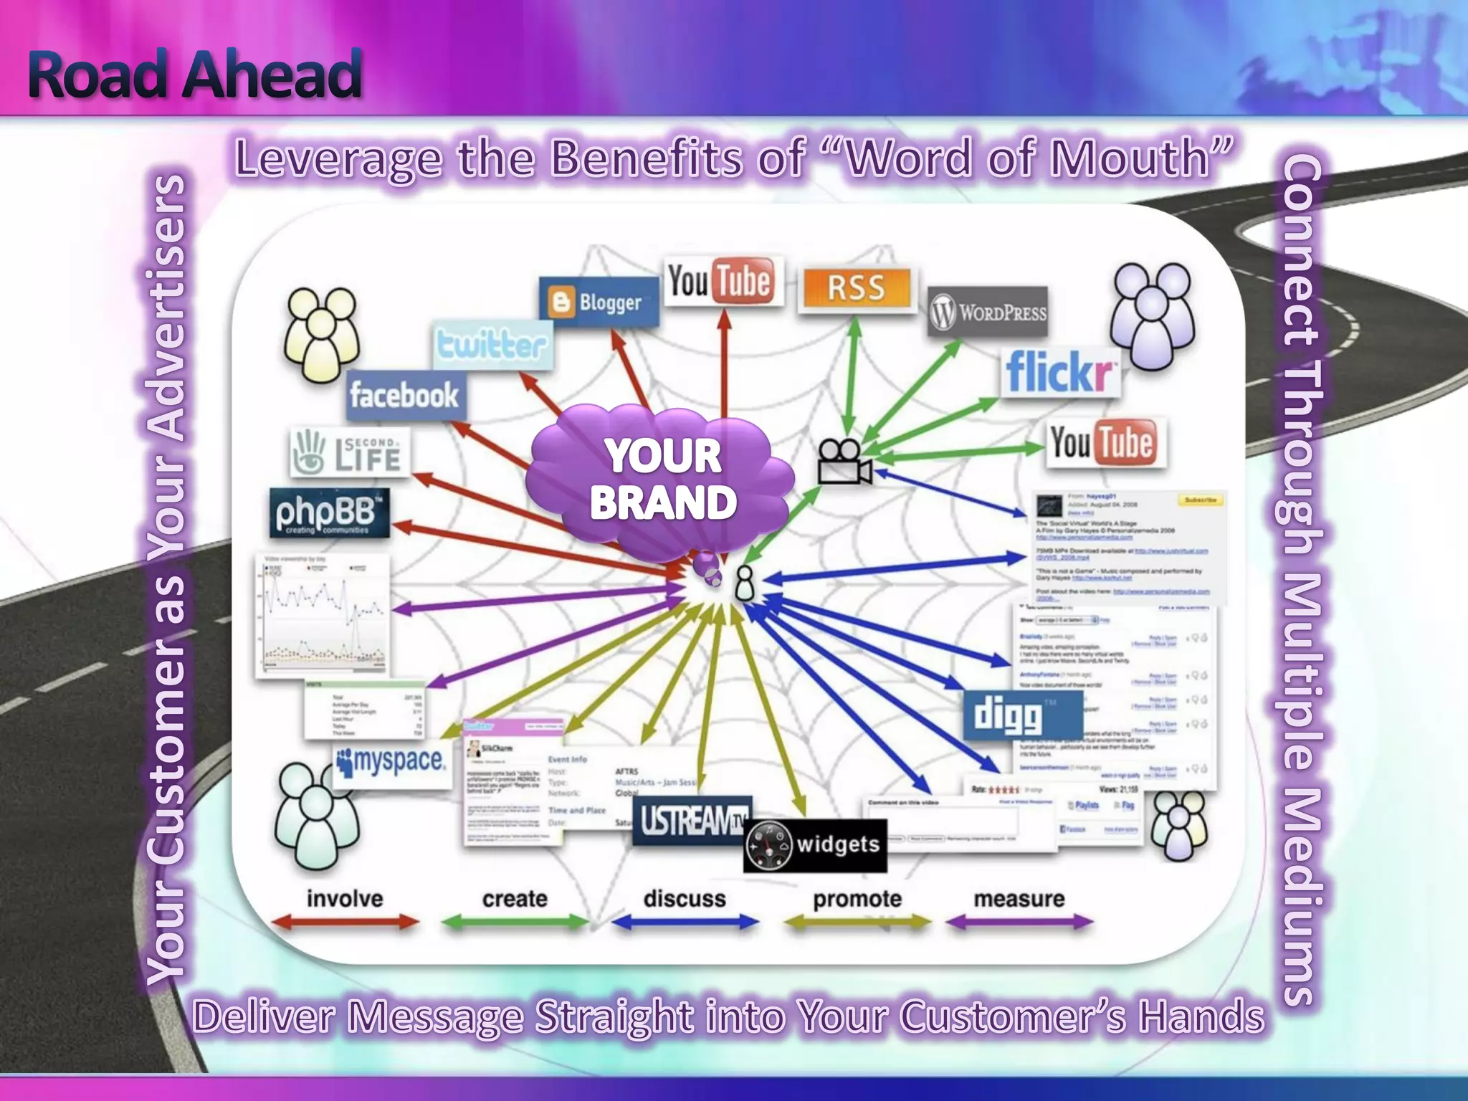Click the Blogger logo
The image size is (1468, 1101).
coord(599,302)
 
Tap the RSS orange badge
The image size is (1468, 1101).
coord(857,288)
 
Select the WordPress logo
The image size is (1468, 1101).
coord(988,312)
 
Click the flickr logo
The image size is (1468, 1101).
coord(1059,372)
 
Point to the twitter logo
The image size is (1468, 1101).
coord(492,345)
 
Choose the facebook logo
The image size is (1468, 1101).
coord(405,395)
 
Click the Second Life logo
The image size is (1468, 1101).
coord(350,452)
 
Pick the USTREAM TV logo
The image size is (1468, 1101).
coord(692,820)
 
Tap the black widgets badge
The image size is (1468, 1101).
coord(815,846)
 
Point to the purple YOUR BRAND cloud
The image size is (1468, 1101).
coord(662,479)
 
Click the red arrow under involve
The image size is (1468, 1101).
coord(345,922)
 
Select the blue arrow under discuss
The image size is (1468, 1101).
coord(685,922)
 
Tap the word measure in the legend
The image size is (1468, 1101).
coord(1019,899)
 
